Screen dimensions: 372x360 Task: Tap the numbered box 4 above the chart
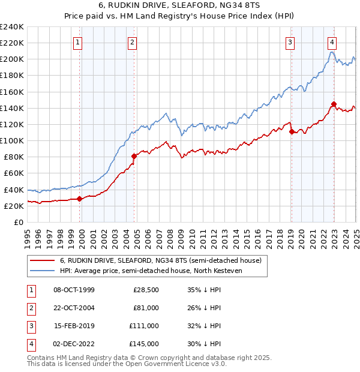tap(332, 42)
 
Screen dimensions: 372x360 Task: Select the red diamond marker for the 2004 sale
tap(134, 156)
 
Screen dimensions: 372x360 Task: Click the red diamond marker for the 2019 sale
tap(291, 131)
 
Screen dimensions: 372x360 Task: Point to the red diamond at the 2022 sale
tap(334, 104)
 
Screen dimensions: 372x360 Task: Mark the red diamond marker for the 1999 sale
tap(80, 199)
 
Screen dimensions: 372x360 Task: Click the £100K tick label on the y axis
tap(11, 140)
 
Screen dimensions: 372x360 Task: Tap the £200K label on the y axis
tap(11, 59)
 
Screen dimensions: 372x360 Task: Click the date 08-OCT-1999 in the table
tap(74, 290)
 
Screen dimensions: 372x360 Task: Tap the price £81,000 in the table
tap(146, 308)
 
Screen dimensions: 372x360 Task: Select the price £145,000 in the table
tap(144, 344)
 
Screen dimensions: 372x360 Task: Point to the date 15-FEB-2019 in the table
tap(74, 326)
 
